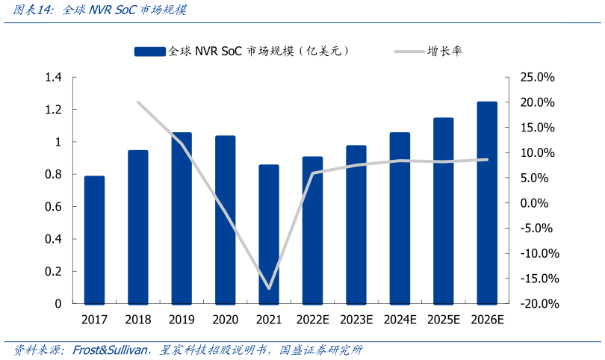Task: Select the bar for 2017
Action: point(94,240)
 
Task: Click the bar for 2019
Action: point(181,218)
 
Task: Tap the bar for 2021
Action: point(269,235)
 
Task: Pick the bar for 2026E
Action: point(487,202)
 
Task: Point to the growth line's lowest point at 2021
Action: point(269,288)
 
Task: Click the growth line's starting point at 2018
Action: point(138,102)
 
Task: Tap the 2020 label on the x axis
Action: point(225,320)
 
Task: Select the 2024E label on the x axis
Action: point(400,320)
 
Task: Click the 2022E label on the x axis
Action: point(313,320)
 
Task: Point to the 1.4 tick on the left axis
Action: point(53,78)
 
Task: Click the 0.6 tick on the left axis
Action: point(53,207)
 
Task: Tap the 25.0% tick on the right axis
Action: point(537,78)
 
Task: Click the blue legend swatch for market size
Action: point(149,52)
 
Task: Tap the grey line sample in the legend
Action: point(408,52)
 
